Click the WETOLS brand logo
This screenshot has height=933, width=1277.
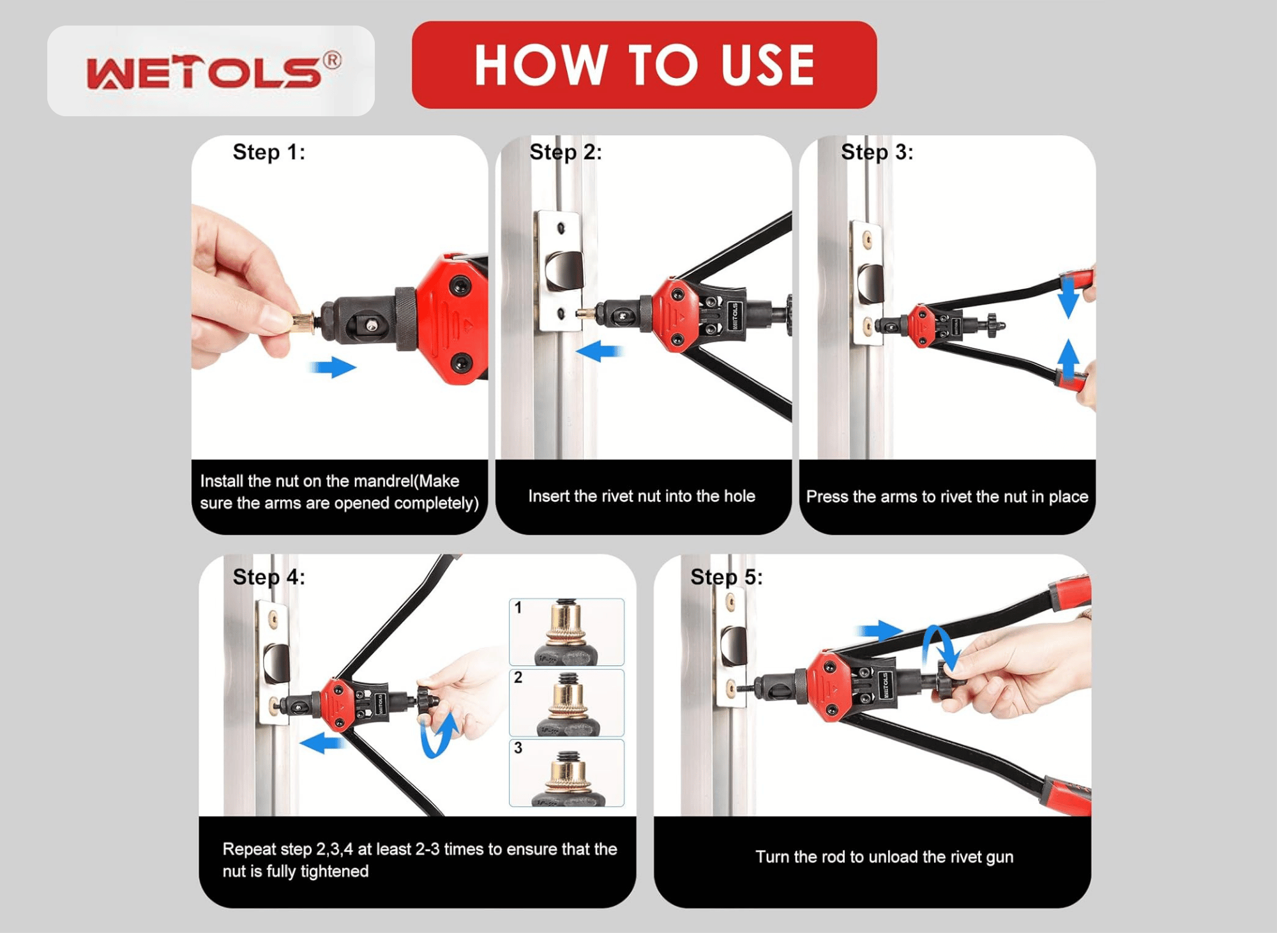(214, 70)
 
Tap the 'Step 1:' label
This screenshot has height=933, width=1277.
(269, 153)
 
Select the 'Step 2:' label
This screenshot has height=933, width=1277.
(566, 153)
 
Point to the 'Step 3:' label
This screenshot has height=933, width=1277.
(877, 153)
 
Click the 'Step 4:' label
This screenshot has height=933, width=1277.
(269, 577)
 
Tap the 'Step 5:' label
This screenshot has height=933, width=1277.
(727, 577)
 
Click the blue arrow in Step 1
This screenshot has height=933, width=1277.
(333, 367)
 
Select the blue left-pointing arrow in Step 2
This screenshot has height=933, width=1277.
(599, 351)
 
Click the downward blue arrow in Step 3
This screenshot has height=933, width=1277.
(1068, 297)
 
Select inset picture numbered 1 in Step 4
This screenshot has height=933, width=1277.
(566, 632)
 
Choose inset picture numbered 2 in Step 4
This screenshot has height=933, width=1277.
(566, 702)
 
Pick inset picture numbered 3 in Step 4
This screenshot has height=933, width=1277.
(566, 773)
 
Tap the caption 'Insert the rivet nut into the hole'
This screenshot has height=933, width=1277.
(642, 496)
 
